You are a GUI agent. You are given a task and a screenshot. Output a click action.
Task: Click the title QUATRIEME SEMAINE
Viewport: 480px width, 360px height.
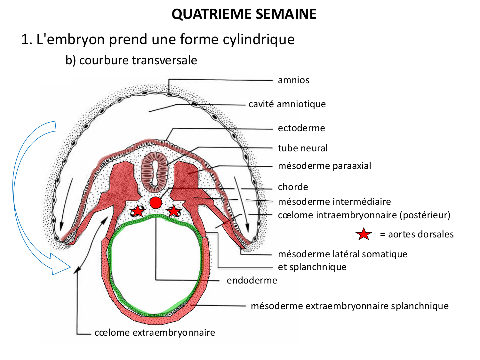coord(244,14)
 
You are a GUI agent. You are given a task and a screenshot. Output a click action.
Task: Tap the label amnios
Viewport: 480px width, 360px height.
coord(293,80)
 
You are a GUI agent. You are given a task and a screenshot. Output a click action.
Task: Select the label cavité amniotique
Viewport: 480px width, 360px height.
coord(287,104)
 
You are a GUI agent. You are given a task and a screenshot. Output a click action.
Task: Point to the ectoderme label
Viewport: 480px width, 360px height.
coord(301,128)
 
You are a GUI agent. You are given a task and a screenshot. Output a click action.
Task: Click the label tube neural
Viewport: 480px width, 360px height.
coord(303,148)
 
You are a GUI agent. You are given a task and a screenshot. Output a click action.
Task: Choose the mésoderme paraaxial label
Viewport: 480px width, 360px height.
coord(324,166)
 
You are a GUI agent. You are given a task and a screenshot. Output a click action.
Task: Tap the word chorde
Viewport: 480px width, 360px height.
coord(293,187)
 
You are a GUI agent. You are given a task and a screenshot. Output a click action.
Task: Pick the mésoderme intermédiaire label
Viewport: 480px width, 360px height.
coord(334,202)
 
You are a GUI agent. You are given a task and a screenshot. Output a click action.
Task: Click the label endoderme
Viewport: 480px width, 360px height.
coord(252,280)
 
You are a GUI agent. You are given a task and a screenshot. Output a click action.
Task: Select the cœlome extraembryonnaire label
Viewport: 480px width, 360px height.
coord(155,332)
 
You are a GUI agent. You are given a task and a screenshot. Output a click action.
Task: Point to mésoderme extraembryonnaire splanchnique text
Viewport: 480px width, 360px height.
coord(349,306)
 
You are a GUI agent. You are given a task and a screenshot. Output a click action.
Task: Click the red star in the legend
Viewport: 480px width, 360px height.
coord(364,234)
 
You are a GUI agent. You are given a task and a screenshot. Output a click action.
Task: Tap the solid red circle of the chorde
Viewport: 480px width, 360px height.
coord(156,203)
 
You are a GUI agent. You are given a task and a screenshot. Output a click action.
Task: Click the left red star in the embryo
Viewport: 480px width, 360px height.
coord(138,211)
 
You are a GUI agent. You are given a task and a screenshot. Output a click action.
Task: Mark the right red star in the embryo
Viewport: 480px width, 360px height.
coord(173,211)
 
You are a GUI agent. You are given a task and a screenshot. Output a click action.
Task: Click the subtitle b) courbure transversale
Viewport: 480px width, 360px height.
coord(131,60)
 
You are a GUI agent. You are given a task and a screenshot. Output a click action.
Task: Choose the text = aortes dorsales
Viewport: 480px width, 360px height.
coord(417,234)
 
